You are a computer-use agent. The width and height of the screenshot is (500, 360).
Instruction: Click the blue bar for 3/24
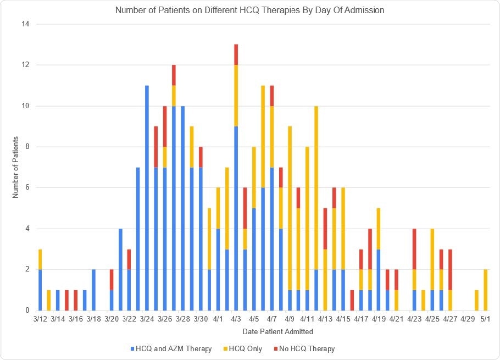coord(147,198)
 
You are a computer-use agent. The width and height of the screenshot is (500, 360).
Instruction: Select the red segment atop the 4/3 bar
coord(236,54)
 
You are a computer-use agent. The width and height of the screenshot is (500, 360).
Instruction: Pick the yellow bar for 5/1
coord(486,290)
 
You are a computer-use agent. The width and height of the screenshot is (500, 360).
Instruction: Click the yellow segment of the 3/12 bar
coord(40,259)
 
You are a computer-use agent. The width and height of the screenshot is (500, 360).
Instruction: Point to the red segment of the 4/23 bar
coord(414,249)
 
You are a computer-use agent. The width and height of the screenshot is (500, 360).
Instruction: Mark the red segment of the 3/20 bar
coord(112,280)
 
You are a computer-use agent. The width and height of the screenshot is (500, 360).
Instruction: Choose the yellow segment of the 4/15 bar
coord(343,229)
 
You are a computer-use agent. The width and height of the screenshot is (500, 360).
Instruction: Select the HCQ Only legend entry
coord(245,348)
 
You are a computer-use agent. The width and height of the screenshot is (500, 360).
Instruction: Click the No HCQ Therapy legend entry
coord(307,348)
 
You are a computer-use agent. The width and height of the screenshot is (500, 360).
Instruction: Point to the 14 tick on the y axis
coord(25,24)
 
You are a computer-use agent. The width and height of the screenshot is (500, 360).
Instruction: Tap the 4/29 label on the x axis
coord(468,319)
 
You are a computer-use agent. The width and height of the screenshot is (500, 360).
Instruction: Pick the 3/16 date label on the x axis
coord(76,319)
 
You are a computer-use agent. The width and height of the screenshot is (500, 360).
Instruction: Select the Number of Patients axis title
coord(16,167)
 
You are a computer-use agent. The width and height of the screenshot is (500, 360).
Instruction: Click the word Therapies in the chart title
coord(284,10)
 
